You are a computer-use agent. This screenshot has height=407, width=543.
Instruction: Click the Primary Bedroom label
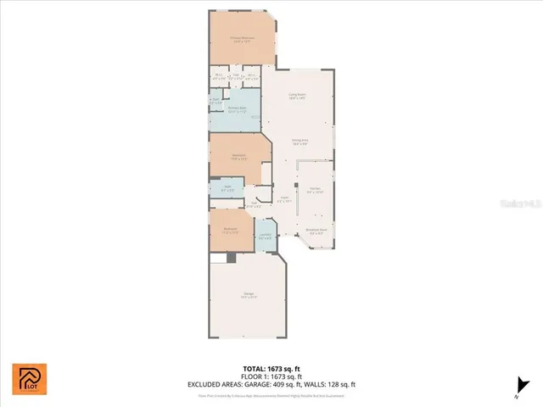click(243, 37)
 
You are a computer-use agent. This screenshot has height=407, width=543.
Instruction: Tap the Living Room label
click(297, 96)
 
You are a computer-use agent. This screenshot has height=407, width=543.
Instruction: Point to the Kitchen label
click(314, 189)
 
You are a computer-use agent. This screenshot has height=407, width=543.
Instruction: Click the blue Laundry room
click(266, 237)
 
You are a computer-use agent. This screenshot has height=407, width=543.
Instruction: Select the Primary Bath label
click(237, 109)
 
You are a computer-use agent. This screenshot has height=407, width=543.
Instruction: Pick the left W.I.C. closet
click(219, 76)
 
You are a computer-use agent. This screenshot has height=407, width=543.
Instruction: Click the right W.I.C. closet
click(252, 76)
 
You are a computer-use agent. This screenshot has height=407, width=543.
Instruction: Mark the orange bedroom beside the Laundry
click(230, 231)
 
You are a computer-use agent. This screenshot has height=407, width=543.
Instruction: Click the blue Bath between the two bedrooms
click(227, 190)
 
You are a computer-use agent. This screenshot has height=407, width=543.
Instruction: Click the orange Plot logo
click(30, 379)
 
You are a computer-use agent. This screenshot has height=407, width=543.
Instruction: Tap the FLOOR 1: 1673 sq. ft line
click(271, 376)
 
